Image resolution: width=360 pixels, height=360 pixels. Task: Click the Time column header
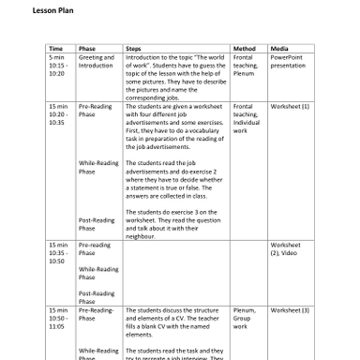(55, 48)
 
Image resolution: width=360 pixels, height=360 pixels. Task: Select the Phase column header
(87, 48)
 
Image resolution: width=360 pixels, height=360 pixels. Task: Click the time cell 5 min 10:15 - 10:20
(60, 66)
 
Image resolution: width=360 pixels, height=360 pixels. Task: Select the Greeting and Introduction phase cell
(96, 62)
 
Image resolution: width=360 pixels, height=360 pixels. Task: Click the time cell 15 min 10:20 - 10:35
(60, 114)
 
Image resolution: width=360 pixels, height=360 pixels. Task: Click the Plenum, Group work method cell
(245, 318)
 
